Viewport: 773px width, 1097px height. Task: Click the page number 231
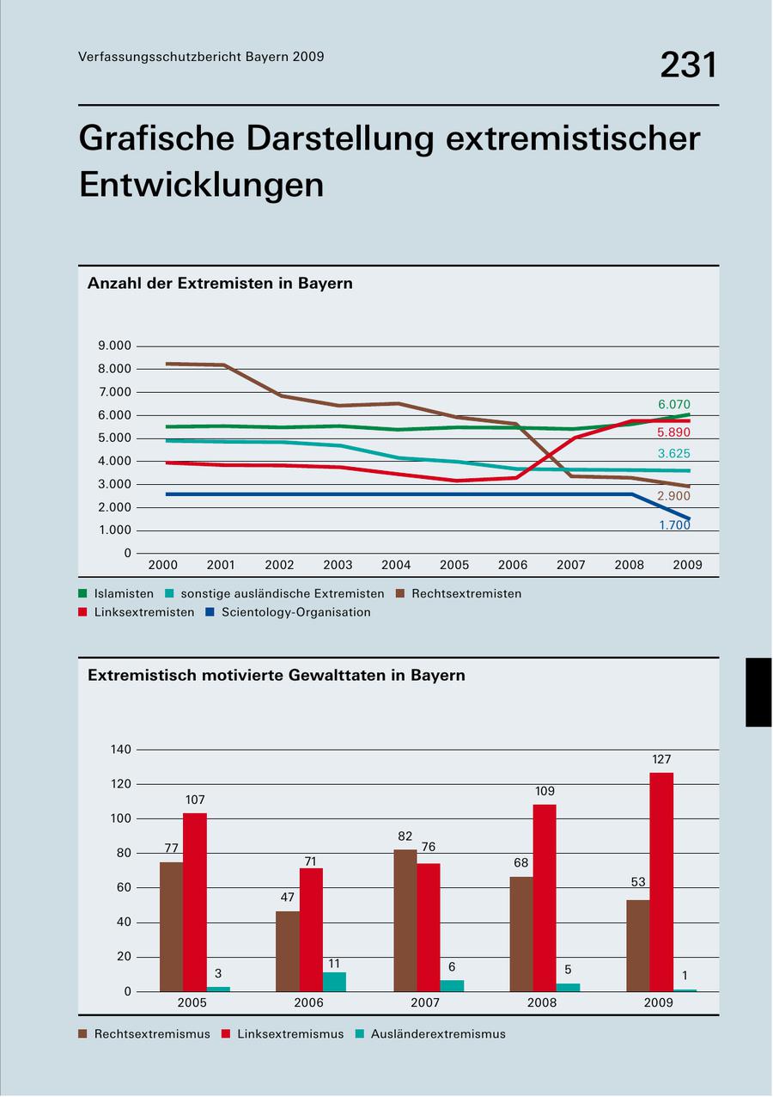[x=688, y=65]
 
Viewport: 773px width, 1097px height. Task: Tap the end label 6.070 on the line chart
[x=673, y=405]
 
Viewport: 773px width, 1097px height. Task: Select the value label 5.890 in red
[x=673, y=432]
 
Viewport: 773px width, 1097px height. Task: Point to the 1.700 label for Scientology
[x=674, y=524]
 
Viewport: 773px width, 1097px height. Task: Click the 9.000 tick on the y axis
[x=115, y=346]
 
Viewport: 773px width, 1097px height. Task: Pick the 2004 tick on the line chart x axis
[x=396, y=565]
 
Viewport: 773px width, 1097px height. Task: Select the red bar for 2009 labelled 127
[x=661, y=881]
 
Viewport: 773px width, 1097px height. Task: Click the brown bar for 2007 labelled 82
[x=405, y=920]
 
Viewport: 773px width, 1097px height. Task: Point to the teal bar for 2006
[x=334, y=981]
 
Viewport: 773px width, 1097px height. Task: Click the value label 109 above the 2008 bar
[x=544, y=791]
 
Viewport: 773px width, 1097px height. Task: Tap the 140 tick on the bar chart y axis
[x=121, y=750]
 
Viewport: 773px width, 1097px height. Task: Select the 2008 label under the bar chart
[x=542, y=1002]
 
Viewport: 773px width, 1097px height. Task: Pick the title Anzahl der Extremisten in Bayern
[x=220, y=283]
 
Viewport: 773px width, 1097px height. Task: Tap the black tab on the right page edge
[x=758, y=692]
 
